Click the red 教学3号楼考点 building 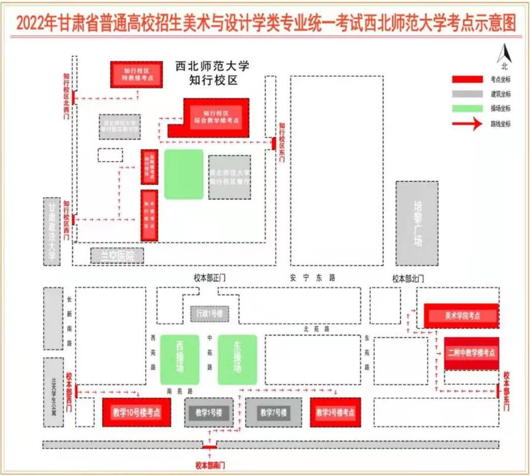tap(335, 413)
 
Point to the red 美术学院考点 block tap(461, 315)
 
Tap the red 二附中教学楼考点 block tap(471, 353)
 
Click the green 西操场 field tap(179, 359)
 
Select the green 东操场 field tap(237, 359)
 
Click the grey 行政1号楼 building tap(208, 313)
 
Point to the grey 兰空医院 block tap(117, 255)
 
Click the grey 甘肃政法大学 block tap(53, 231)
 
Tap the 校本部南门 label tap(210, 464)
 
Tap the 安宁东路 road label tap(312, 276)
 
